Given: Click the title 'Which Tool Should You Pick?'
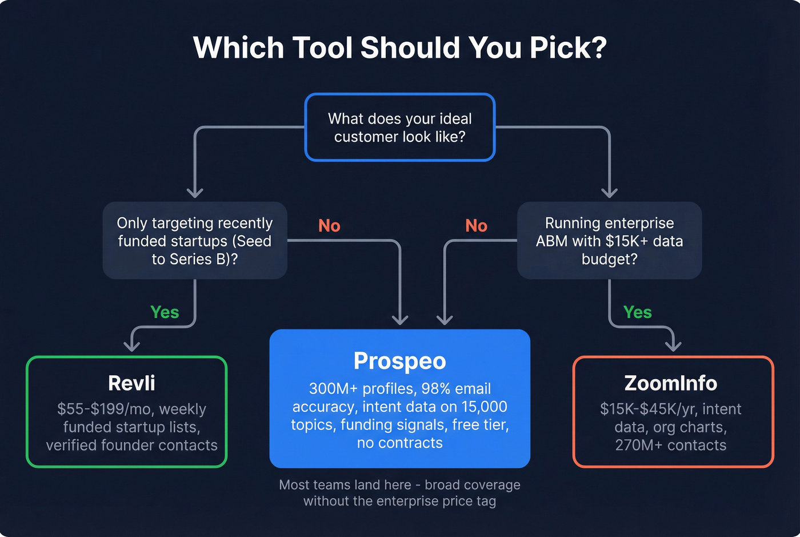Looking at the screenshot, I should (x=399, y=47).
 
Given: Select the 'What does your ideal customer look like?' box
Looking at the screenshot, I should (x=399, y=128).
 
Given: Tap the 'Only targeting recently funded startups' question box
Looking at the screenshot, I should (x=195, y=241).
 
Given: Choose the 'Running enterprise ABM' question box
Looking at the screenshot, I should (x=609, y=241).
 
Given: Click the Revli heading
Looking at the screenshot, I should (x=131, y=383).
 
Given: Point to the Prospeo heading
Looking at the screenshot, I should (x=399, y=361).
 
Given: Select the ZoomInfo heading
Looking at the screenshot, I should (x=670, y=383).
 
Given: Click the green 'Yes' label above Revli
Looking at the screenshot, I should (x=165, y=312).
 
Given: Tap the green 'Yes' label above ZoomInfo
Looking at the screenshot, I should (x=638, y=312).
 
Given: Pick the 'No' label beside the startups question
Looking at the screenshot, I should (x=329, y=226).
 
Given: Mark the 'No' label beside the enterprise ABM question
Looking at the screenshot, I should (x=476, y=226).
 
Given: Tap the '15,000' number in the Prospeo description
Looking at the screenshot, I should (x=483, y=407).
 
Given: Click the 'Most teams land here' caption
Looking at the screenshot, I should (x=345, y=485).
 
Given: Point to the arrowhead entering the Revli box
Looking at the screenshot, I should (x=132, y=345).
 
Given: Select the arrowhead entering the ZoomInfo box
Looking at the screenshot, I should (x=674, y=345).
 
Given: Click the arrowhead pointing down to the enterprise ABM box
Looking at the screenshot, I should (x=610, y=192).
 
